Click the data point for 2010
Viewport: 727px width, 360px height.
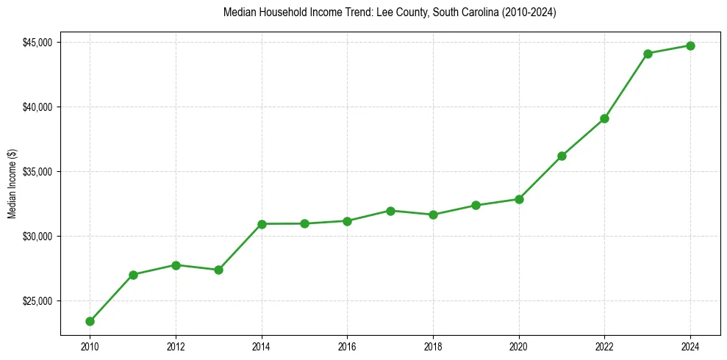point(90,321)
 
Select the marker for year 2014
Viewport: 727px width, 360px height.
point(262,223)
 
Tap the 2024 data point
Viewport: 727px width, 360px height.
point(691,46)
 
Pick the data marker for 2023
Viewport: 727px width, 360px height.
point(648,54)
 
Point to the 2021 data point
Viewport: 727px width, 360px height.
point(562,156)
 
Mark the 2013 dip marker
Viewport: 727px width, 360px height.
point(218,270)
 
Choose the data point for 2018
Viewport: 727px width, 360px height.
point(433,215)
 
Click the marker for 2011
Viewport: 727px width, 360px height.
point(133,275)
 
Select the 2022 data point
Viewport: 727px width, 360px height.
point(604,118)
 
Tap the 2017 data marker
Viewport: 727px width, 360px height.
point(390,211)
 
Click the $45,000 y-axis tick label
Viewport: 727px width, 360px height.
point(37,43)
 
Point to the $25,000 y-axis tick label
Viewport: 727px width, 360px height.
point(37,301)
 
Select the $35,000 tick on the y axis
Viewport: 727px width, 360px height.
point(37,172)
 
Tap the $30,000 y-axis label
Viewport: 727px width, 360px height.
point(37,237)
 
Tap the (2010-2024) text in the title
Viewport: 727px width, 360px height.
point(529,12)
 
